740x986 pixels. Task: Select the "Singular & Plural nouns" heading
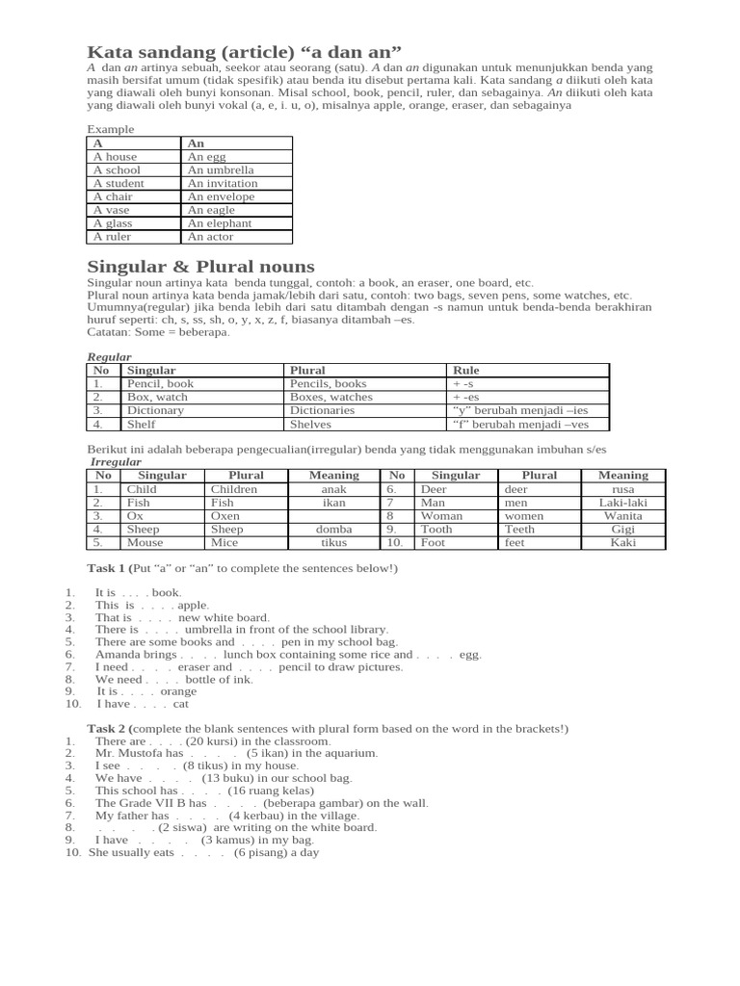tap(200, 266)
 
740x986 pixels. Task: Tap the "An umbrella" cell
tap(221, 169)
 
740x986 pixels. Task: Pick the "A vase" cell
tap(112, 210)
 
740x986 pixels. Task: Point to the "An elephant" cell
tap(220, 223)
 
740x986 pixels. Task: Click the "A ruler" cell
tap(112, 237)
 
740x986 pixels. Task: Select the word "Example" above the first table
tap(111, 129)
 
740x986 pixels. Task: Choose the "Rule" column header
tap(465, 370)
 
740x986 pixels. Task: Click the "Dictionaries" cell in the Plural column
tap(323, 410)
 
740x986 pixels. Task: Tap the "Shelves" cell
tap(310, 424)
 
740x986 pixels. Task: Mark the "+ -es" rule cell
tap(465, 397)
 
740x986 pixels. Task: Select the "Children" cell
tap(234, 489)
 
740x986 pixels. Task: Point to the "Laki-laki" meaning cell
tap(623, 503)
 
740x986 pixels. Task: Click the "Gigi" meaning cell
tap(623, 530)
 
